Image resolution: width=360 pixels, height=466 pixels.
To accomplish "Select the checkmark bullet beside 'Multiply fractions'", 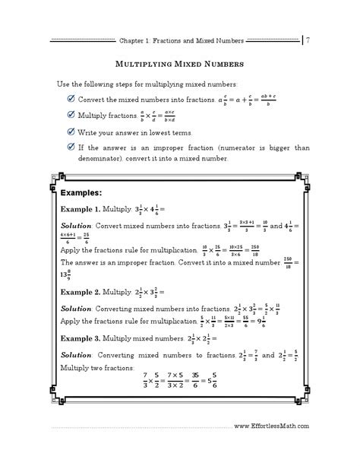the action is pos(71,116).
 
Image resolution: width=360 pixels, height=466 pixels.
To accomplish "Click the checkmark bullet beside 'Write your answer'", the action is pos(71,132).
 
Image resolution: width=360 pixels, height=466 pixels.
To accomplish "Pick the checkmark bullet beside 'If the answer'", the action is pos(71,146).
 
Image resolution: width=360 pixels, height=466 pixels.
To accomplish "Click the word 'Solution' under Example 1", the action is pos(76,227).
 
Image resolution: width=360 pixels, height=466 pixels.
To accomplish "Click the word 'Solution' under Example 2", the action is pos(76,308).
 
